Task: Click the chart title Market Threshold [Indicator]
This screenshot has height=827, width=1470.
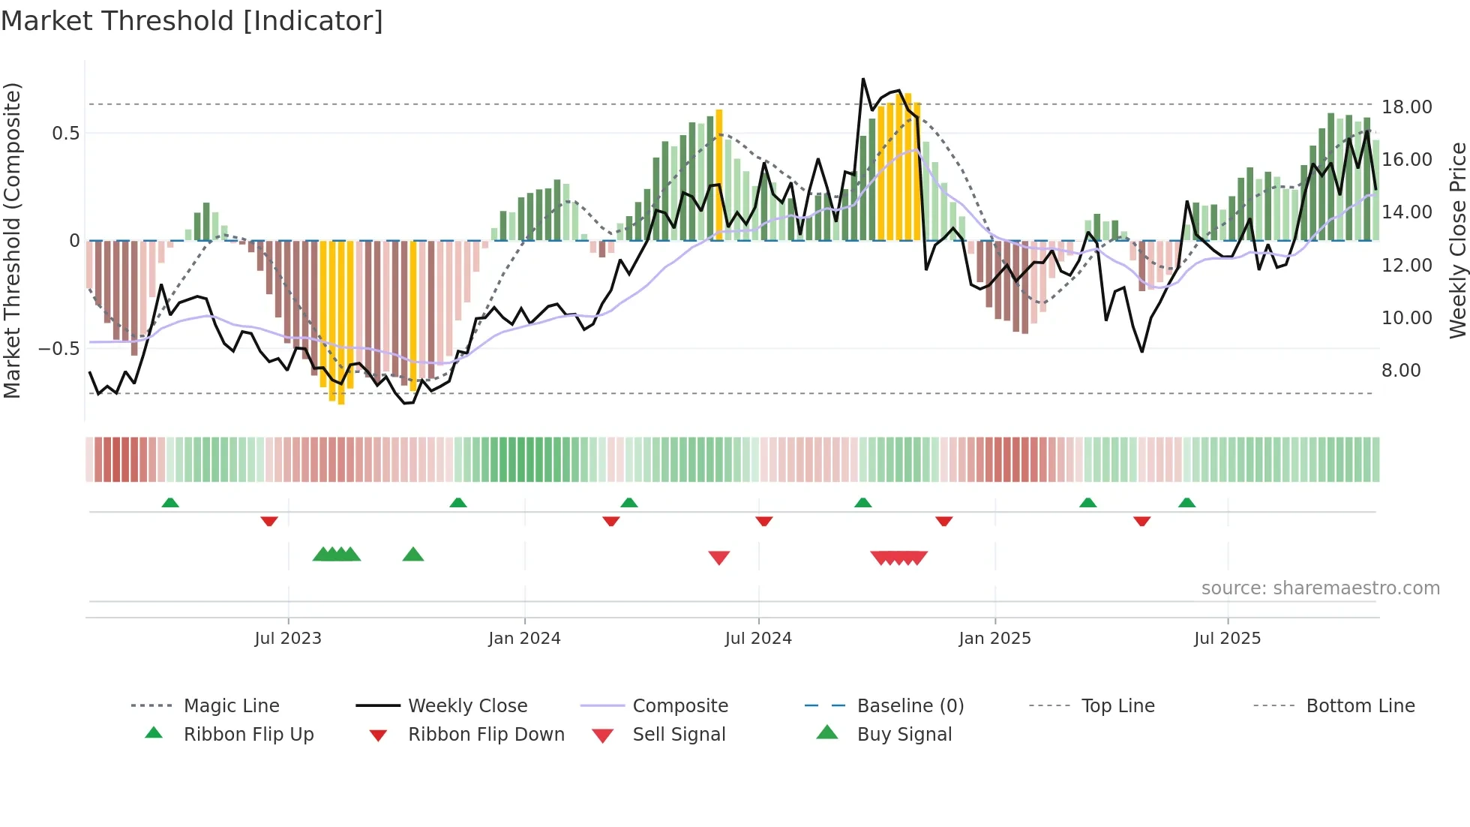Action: (x=192, y=21)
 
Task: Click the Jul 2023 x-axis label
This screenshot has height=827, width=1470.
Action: (x=288, y=639)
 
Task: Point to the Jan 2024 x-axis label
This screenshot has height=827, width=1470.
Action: (x=524, y=639)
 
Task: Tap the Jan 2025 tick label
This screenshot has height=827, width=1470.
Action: (x=994, y=639)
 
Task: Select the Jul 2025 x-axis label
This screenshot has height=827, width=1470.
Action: (x=1227, y=639)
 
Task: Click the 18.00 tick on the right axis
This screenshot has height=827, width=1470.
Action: (x=1406, y=107)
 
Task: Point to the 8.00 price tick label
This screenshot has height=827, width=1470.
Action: (x=1401, y=371)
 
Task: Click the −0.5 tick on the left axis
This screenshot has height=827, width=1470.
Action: (x=59, y=349)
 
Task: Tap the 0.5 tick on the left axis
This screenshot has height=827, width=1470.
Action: (x=65, y=134)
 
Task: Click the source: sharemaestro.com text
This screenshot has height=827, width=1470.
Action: (x=1320, y=588)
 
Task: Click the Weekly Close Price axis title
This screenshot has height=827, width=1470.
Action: (x=1457, y=240)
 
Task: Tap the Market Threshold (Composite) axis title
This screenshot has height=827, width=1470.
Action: (x=12, y=240)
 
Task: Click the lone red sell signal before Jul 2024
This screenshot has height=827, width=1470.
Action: (x=718, y=558)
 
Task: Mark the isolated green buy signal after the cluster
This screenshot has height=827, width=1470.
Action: (x=413, y=555)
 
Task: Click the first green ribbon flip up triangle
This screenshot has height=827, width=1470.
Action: (x=170, y=502)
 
